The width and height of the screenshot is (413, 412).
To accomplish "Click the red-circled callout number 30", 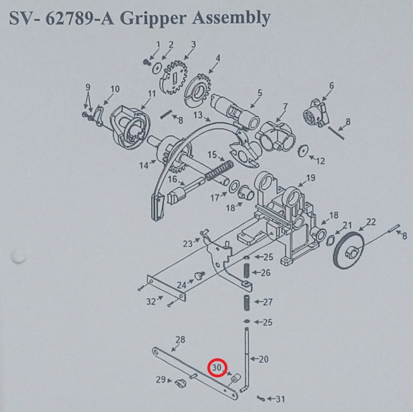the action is click(216, 367).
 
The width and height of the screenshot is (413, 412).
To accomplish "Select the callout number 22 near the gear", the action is click(371, 222).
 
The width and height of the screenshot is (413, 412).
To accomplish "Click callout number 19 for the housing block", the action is click(310, 178).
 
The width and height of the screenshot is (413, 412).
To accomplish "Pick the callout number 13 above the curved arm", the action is click(198, 115).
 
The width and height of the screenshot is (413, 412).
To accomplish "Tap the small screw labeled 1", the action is click(146, 62).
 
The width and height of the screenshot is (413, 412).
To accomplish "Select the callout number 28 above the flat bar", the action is click(180, 339).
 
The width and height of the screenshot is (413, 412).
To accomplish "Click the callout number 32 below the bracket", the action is click(151, 302).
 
